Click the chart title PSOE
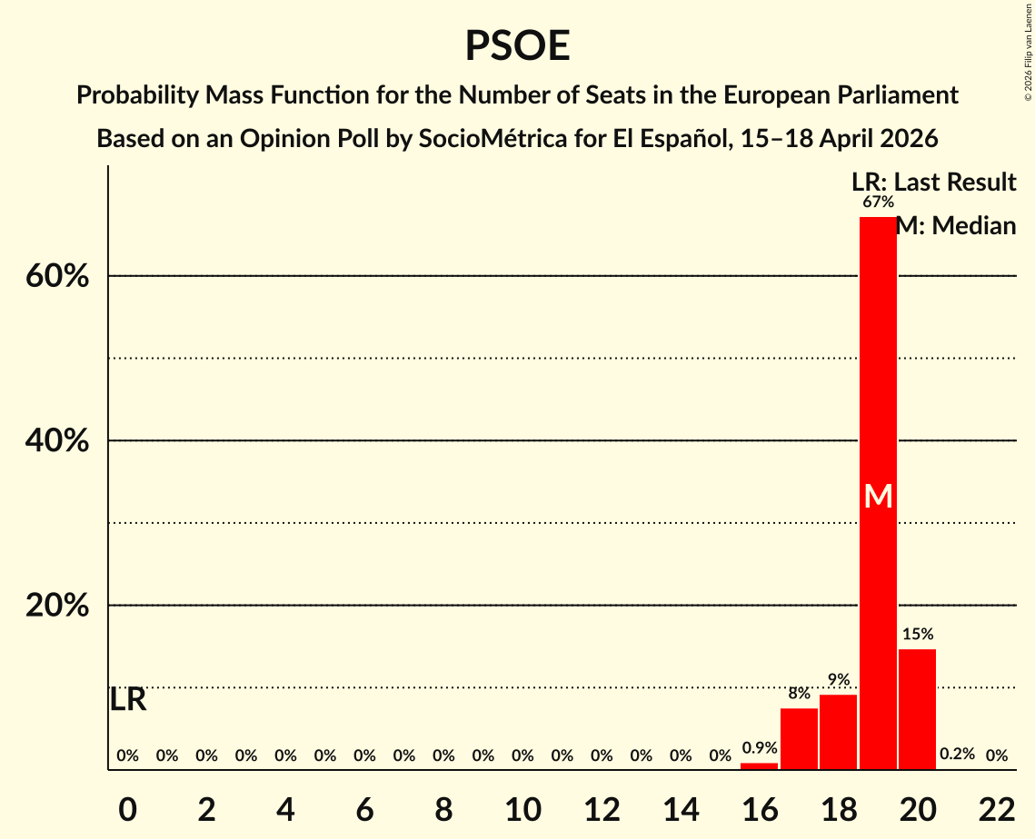pyautogui.click(x=517, y=45)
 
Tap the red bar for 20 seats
pyautogui.click(x=917, y=708)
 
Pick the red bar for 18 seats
pyautogui.click(x=838, y=732)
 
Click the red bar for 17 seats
pyautogui.click(x=799, y=738)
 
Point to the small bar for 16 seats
pyautogui.click(x=759, y=766)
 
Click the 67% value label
pyautogui.click(x=878, y=202)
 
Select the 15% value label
pyautogui.click(x=917, y=634)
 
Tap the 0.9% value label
pyautogui.click(x=759, y=748)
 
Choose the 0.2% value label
pyautogui.click(x=956, y=755)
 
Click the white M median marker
pyautogui.click(x=878, y=496)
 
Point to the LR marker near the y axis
pyautogui.click(x=127, y=699)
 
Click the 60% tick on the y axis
pyautogui.click(x=57, y=276)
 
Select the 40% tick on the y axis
pyautogui.click(x=57, y=441)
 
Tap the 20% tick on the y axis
pyautogui.click(x=57, y=606)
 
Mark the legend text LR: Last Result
pyautogui.click(x=933, y=182)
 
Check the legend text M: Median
pyautogui.click(x=956, y=225)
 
